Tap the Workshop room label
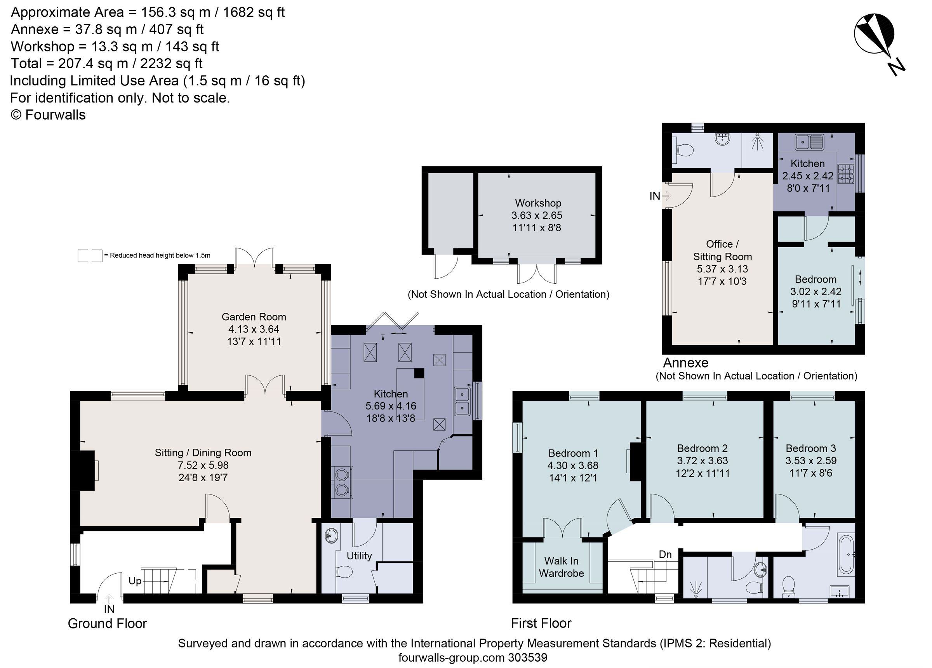point(538,203)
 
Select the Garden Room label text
point(254,317)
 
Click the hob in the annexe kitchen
point(846,174)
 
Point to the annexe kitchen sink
point(809,142)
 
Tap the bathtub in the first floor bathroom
point(847,554)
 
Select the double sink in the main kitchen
point(462,401)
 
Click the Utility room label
point(359,556)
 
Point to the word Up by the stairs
point(135,581)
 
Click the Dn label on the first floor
point(665,555)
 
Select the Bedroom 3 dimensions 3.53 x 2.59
point(811,460)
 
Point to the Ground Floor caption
point(107,624)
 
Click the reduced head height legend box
point(90,255)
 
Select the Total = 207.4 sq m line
point(106,64)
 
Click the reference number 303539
point(528,658)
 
